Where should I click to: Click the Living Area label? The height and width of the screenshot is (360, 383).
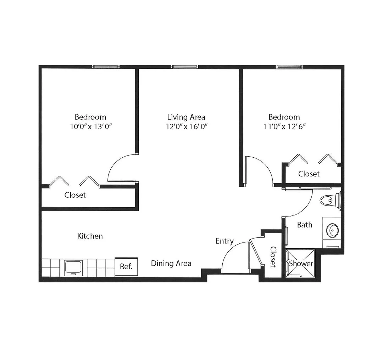(186, 117)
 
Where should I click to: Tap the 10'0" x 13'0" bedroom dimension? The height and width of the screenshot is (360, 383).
(91, 126)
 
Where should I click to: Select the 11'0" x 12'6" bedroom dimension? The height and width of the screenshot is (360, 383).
(285, 126)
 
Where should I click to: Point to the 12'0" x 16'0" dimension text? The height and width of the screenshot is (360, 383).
(187, 126)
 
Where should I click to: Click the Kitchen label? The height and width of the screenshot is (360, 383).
(90, 236)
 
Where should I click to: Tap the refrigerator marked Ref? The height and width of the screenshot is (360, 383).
(126, 266)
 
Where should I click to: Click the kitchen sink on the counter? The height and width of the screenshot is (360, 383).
(73, 268)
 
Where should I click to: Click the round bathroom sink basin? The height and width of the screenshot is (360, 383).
(332, 230)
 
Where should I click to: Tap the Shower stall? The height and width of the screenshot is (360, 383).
(300, 263)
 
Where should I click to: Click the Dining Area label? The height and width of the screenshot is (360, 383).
(171, 263)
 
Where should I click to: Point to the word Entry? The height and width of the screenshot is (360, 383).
(224, 241)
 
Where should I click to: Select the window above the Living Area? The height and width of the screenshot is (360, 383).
(185, 67)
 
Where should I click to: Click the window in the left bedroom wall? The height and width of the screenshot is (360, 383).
(106, 67)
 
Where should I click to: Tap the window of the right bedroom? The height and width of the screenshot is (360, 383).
(289, 67)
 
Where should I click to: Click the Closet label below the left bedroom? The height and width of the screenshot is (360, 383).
(75, 195)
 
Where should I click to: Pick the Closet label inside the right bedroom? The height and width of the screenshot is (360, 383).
(309, 174)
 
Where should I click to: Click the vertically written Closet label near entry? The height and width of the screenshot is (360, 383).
(273, 257)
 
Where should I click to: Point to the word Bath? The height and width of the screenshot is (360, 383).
(305, 225)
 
